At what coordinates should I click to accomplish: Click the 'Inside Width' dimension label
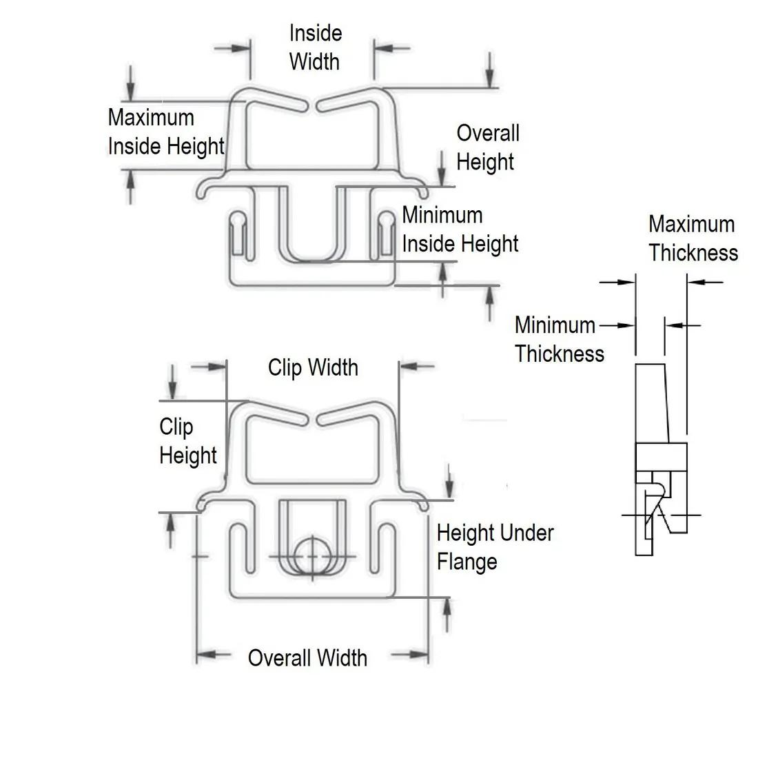[x=315, y=48]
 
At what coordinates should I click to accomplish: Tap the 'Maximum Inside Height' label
[x=166, y=132]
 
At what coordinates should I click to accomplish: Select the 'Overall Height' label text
[x=488, y=147]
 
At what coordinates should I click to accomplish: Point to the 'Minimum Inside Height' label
[x=460, y=229]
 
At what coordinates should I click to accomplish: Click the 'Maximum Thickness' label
[x=693, y=238]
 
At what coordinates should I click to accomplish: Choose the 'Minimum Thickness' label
[x=560, y=339]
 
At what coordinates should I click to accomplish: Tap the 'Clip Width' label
[x=314, y=367]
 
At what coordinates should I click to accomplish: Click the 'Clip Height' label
[x=188, y=441]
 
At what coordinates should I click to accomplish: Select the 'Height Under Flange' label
[x=495, y=548]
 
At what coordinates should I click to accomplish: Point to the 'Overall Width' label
[x=307, y=658]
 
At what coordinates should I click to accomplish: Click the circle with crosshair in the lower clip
[x=312, y=556]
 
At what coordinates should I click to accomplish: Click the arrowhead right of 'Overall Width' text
[x=419, y=655]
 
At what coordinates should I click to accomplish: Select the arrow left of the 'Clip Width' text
[x=209, y=367]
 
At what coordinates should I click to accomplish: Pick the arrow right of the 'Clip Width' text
[x=417, y=367]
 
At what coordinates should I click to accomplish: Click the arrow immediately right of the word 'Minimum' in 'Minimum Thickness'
[x=617, y=325]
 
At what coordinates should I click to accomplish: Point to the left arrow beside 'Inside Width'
[x=232, y=48]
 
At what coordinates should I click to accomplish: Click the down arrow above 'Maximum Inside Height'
[x=130, y=83]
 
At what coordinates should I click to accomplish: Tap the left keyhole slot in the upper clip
[x=238, y=234]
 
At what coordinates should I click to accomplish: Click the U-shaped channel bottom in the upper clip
[x=312, y=260]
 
